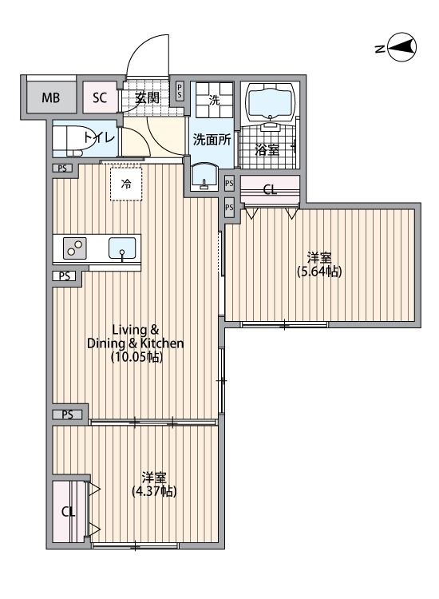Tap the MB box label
[x=51, y=99]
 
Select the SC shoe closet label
[x=100, y=99]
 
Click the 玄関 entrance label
[x=146, y=98]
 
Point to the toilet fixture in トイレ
[x=76, y=139]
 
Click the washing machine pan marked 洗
[x=213, y=101]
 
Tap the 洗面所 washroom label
[x=212, y=138]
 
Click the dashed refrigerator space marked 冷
[x=126, y=184]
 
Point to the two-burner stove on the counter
[x=73, y=248]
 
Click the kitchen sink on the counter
[x=122, y=248]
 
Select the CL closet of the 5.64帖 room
[x=270, y=190]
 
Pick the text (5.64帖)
[x=319, y=272]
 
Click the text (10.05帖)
[x=136, y=358]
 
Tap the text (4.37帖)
[x=154, y=490]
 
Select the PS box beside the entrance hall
[x=180, y=90]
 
